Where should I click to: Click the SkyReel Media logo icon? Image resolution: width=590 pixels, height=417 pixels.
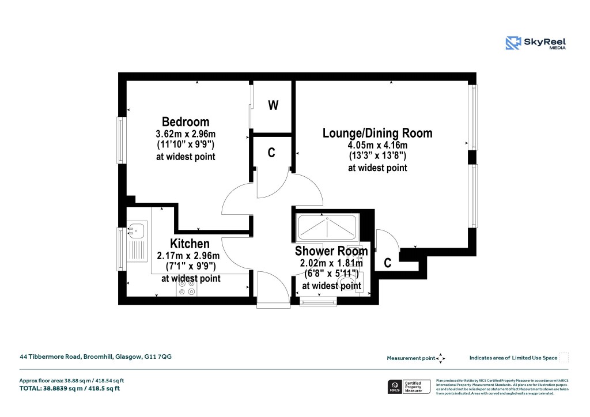tap(513, 43)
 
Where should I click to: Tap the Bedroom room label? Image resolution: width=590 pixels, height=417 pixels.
tap(186, 122)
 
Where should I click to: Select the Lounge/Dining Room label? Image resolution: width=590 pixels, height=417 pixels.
tap(377, 134)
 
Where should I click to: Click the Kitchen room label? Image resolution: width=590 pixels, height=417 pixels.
tap(190, 244)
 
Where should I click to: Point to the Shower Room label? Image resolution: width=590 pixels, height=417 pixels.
tap(331, 251)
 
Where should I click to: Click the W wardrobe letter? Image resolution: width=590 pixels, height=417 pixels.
tap(274, 105)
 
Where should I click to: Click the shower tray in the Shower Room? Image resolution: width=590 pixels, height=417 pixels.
tap(327, 229)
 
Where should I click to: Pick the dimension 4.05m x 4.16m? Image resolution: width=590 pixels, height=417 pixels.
tap(377, 145)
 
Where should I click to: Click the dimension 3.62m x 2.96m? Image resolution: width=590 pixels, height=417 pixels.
tap(186, 134)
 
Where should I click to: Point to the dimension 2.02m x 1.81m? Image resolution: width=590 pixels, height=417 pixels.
tap(331, 263)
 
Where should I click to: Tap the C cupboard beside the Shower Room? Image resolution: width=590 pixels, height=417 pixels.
tap(388, 263)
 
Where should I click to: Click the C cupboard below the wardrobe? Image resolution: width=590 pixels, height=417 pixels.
tap(271, 153)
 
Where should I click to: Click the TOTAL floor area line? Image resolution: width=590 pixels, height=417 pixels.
tap(69, 388)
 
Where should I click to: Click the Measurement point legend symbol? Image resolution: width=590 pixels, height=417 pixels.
tap(441, 358)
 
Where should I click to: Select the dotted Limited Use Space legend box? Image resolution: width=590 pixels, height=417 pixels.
tap(564, 358)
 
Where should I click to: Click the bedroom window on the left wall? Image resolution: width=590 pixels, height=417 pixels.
tap(121, 140)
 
